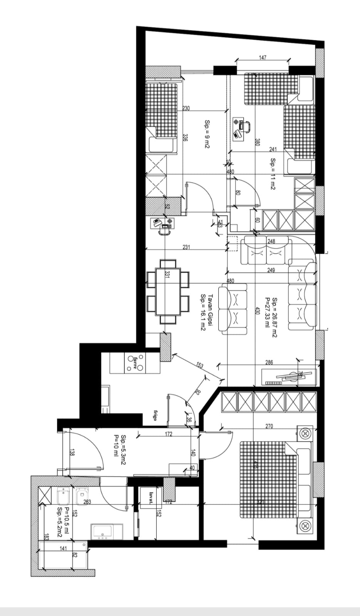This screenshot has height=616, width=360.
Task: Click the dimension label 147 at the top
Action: (262, 58)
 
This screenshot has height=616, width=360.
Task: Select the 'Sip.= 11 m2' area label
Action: (273, 174)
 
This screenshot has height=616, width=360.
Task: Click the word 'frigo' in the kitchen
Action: (155, 415)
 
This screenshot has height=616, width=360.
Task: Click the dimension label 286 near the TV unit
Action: (269, 362)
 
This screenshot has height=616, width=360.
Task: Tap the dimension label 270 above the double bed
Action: (269, 426)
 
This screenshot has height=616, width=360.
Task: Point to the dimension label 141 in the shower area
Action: (63, 549)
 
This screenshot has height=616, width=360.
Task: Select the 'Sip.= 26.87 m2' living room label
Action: (275, 317)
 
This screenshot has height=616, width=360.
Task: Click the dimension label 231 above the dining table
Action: (186, 247)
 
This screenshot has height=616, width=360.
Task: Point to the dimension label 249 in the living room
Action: (271, 270)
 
